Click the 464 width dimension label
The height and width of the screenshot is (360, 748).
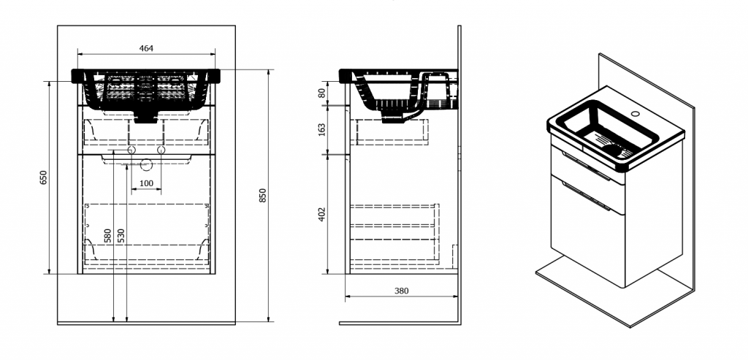146,48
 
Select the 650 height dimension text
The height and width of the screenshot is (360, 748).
43,177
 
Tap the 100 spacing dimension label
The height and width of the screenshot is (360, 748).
146,182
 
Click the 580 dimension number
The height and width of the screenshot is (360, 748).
107,235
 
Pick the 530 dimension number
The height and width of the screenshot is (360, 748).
121,235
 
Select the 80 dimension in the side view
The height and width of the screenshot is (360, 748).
321,93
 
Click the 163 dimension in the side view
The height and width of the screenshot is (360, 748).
321,129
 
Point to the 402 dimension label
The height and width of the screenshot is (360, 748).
321,214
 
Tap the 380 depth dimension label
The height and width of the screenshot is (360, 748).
401,291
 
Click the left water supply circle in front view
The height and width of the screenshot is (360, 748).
132,150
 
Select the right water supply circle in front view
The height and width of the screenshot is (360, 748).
161,150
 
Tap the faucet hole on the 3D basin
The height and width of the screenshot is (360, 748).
635,115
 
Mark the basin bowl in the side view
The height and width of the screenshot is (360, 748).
387,95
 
